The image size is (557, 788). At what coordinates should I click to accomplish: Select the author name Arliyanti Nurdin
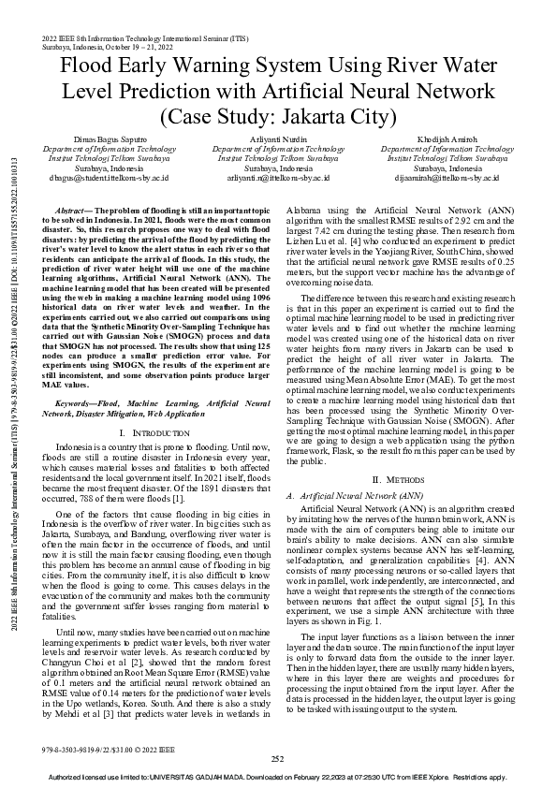(x=278, y=139)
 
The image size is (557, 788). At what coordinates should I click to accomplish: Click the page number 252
(x=278, y=758)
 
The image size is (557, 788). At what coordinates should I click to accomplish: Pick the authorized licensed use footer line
(x=278, y=778)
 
